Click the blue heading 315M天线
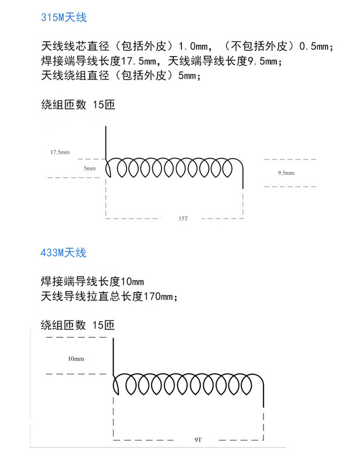(x=63, y=18)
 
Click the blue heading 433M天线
(x=63, y=253)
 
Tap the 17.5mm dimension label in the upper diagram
(x=60, y=152)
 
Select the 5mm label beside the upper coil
(x=89, y=168)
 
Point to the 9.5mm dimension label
(x=286, y=173)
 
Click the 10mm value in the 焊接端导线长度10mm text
(x=132, y=281)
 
